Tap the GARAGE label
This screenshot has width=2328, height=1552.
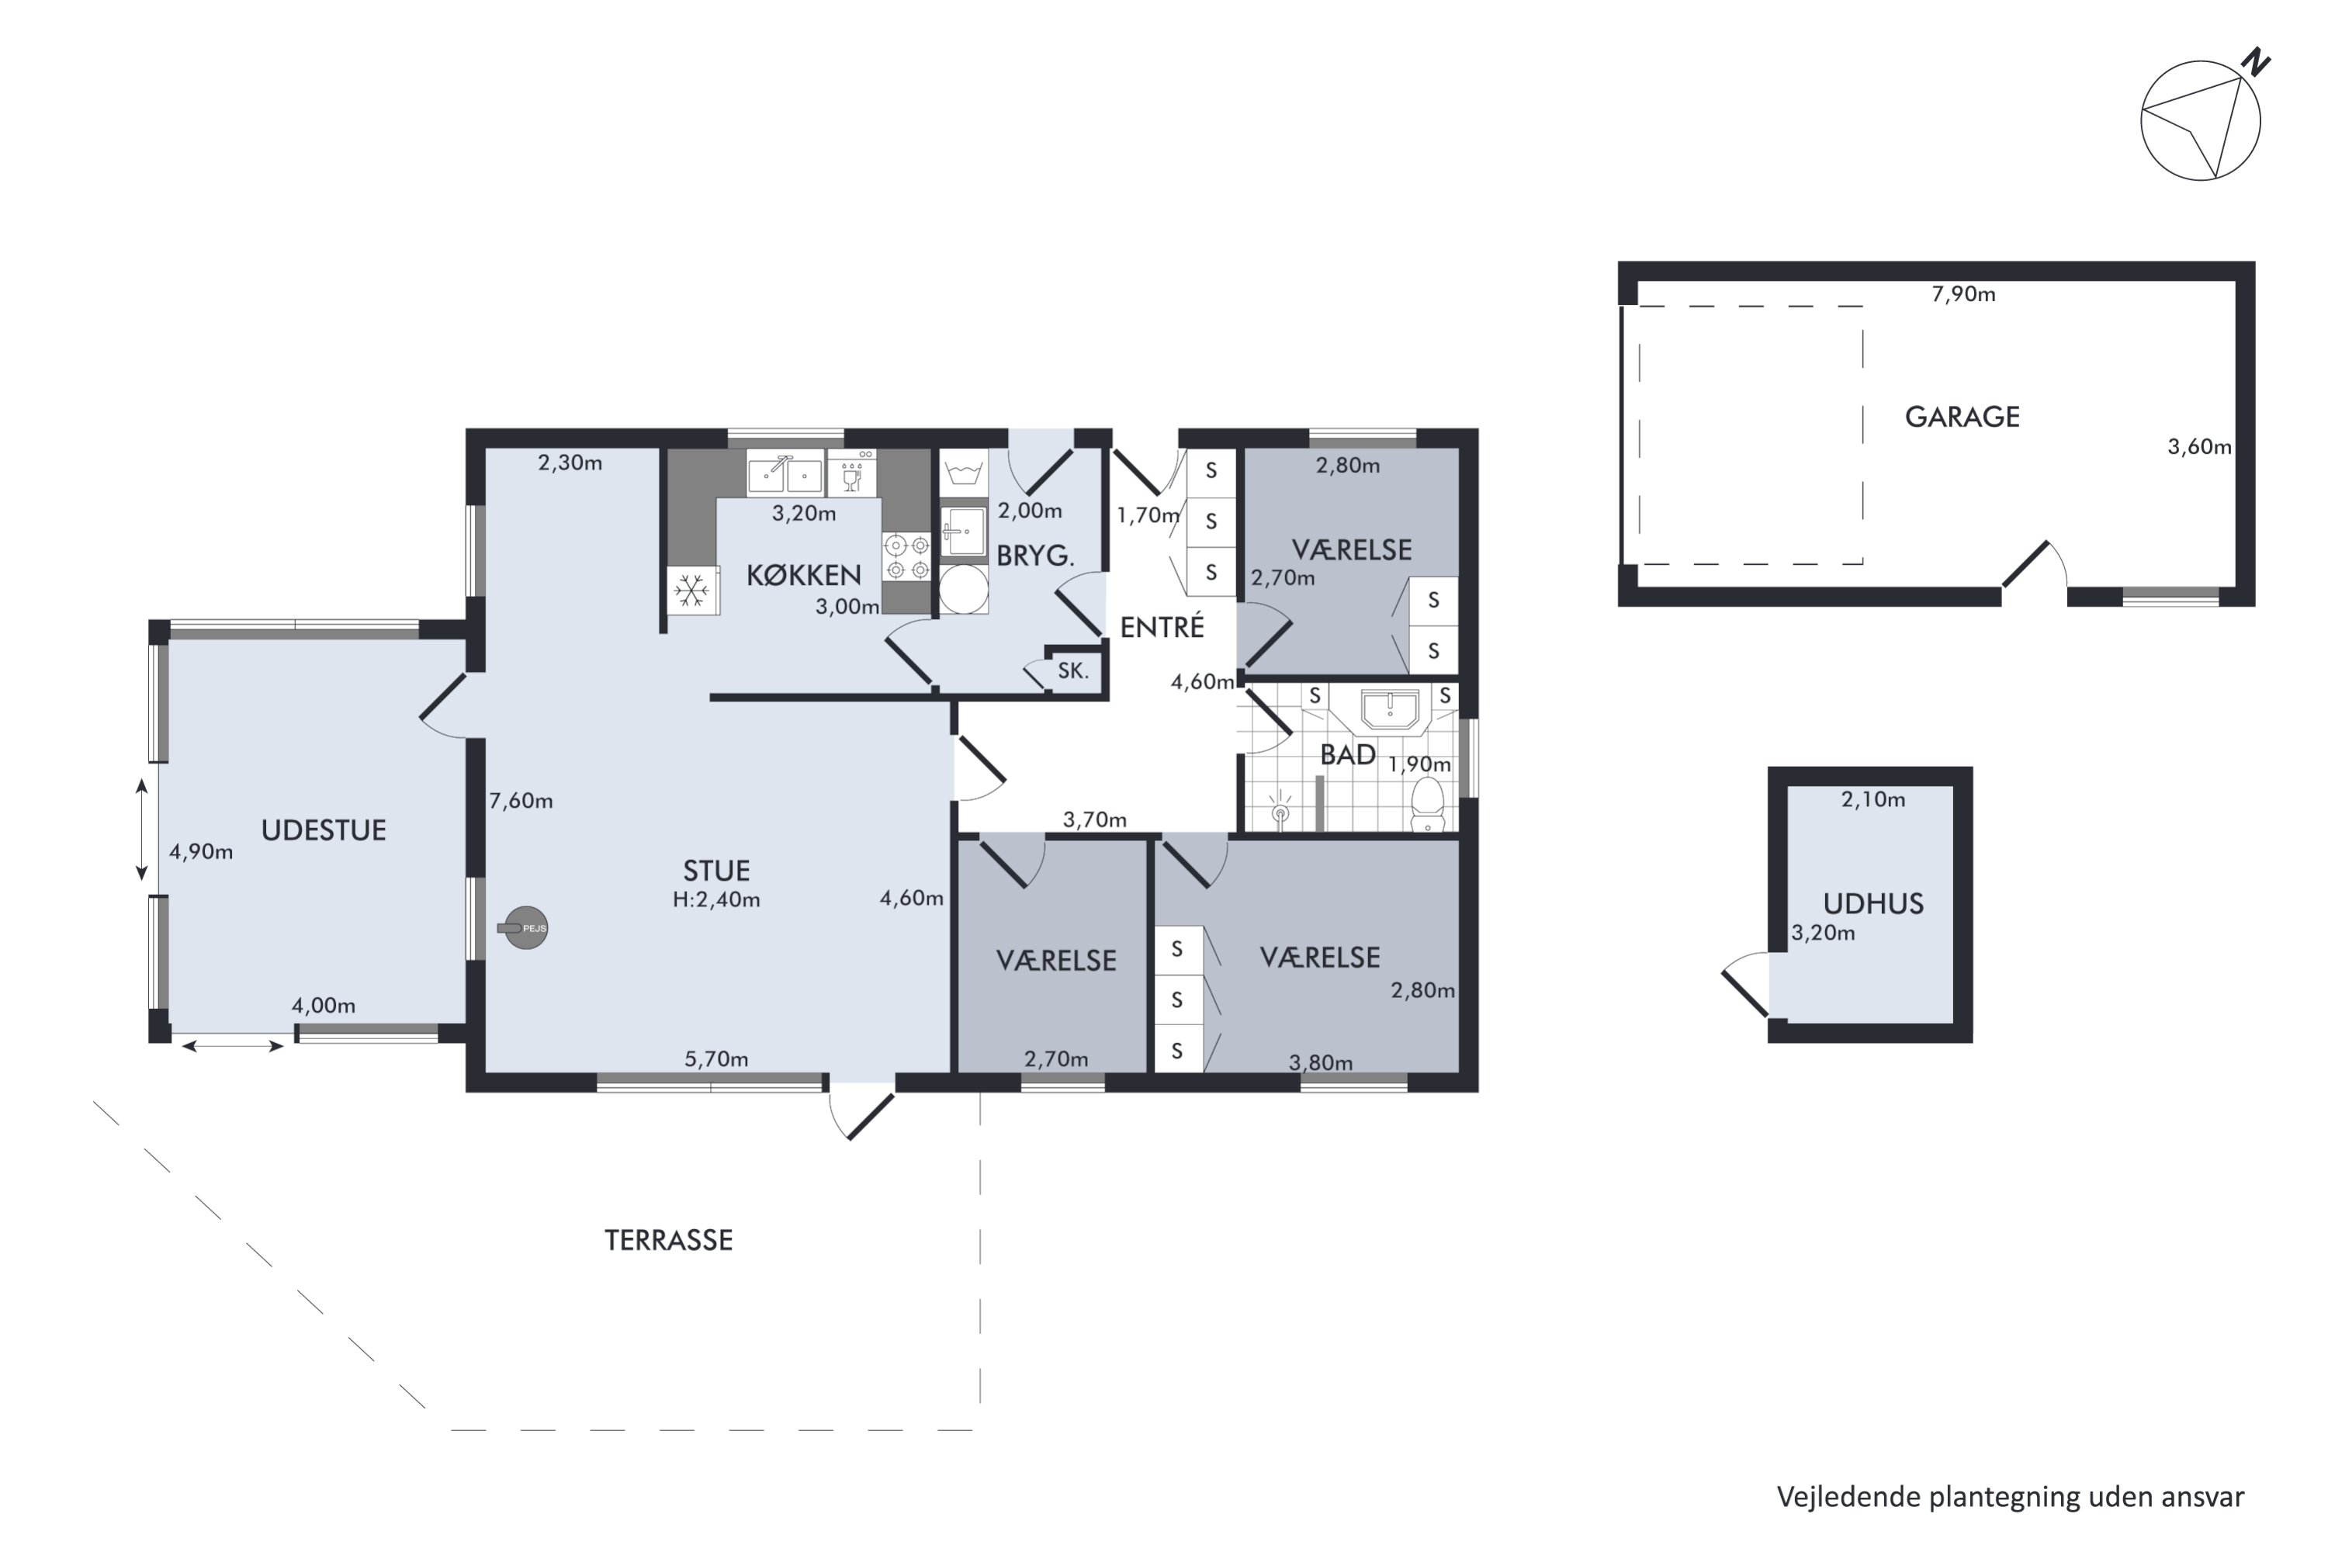coord(1962,417)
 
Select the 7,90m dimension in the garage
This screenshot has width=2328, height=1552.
coord(1964,294)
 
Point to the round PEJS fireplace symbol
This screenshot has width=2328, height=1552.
coord(525,927)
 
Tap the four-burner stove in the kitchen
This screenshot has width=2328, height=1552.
coord(906,556)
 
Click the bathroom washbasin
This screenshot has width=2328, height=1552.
coord(1390,711)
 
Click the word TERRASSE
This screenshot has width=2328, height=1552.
coord(669,1240)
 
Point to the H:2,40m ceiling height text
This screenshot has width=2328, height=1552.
coord(716,899)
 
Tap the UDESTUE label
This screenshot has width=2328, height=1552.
coord(324,830)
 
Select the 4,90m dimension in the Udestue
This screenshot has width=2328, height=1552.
coord(201,851)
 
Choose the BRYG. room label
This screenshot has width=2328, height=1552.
coord(1035,556)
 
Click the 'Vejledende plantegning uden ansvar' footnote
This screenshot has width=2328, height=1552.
coord(2011,1498)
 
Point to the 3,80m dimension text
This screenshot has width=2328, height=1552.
coord(1321,1063)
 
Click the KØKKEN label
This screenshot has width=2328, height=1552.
coord(804,574)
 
